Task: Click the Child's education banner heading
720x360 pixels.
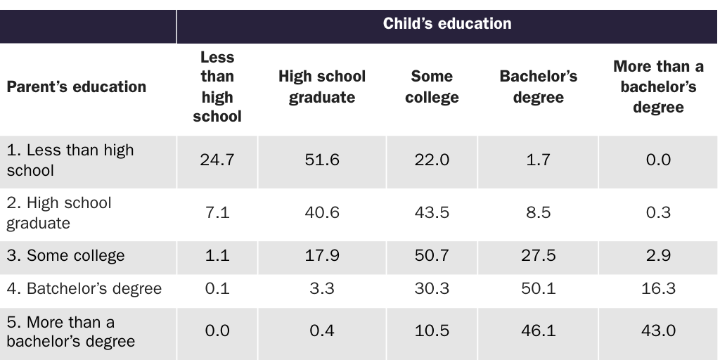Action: coord(447,24)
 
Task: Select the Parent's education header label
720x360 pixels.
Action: coord(77,87)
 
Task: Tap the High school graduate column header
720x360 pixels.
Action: coord(322,87)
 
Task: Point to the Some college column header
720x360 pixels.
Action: coord(432,87)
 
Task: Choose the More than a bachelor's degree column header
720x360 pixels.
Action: coord(658,87)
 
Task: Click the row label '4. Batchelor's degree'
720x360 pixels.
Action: coord(84,288)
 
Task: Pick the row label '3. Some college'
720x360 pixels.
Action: coord(65,255)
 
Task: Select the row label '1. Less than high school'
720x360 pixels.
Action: coord(70,160)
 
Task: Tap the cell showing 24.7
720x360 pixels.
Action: coord(217,160)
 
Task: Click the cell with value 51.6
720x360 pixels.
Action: coord(322,160)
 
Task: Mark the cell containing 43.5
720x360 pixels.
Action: coord(432,212)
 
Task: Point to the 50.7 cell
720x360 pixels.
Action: coord(432,255)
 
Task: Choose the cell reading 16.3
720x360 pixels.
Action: coord(658,288)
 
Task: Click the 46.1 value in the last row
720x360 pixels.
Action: coord(538,331)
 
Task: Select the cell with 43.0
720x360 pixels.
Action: coord(658,331)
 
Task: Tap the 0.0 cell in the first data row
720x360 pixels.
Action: coord(658,160)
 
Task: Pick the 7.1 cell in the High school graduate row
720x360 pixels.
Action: coord(217,212)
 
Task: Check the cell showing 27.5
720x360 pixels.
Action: coord(538,255)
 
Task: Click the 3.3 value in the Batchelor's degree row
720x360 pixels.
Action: coord(322,288)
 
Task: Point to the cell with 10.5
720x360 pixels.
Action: coord(432,331)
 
